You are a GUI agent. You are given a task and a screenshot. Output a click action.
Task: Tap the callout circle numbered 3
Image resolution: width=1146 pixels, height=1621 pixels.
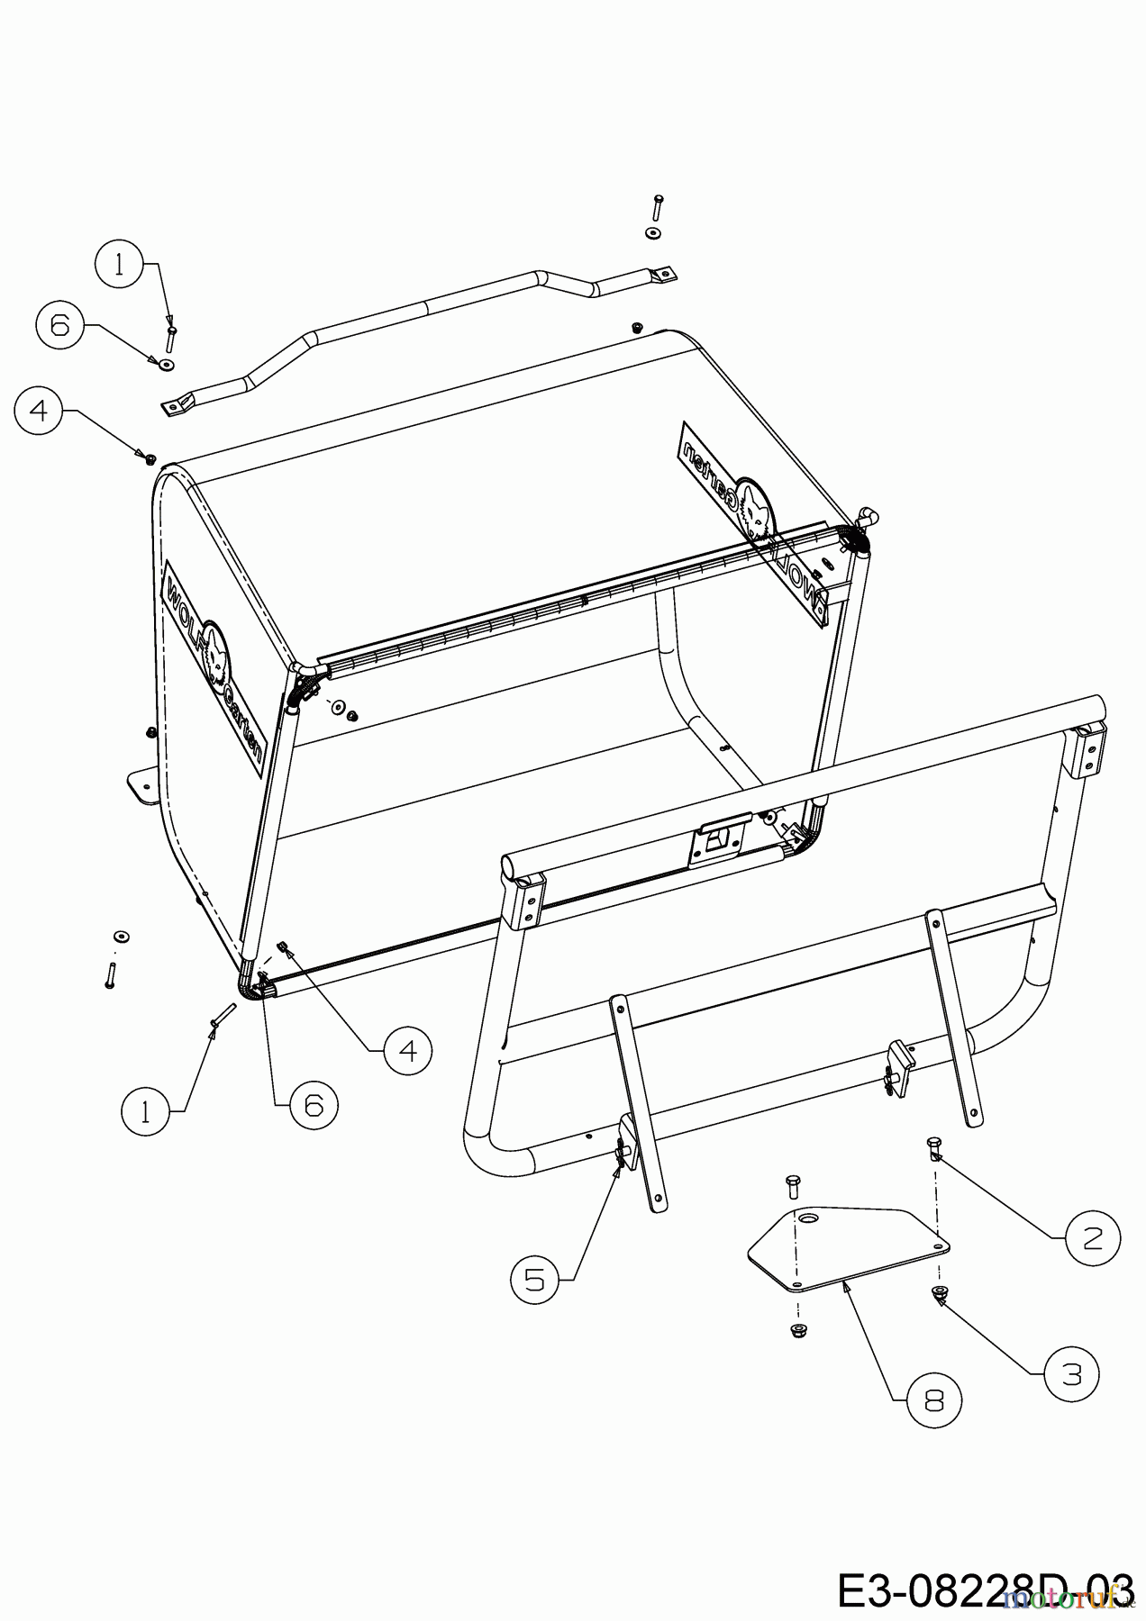[x=1072, y=1375]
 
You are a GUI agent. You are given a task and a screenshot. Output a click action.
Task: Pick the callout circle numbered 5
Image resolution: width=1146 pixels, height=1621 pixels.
[x=536, y=1279]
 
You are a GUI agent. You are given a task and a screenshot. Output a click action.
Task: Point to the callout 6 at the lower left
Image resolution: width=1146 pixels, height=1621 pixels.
[x=314, y=1104]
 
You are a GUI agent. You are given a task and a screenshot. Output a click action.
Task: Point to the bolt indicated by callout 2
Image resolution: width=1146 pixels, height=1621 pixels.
[x=934, y=1147]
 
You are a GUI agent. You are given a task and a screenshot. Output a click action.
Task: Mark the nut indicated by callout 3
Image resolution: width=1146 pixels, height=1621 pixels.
[x=940, y=1294]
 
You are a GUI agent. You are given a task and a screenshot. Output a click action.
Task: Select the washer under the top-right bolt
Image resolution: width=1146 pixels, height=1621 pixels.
[x=652, y=234]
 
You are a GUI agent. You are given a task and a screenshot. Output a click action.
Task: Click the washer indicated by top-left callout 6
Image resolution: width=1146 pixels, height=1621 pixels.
[x=167, y=364]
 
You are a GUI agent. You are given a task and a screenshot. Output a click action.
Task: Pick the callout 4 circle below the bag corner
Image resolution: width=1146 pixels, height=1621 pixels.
[x=407, y=1049]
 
